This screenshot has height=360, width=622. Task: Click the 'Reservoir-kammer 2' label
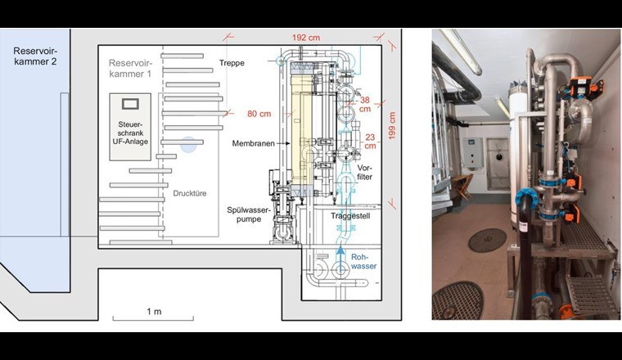tap(33, 57)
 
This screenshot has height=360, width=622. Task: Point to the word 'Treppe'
tap(232, 63)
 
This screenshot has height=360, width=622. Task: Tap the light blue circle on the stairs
tap(188, 145)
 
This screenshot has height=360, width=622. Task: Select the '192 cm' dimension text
tap(305, 38)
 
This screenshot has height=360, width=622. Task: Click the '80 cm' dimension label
tap(259, 114)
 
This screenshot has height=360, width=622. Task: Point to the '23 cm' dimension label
tap(370, 141)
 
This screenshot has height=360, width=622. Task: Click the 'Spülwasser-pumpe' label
tap(243, 215)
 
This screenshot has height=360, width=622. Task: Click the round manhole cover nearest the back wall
tap(487, 240)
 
